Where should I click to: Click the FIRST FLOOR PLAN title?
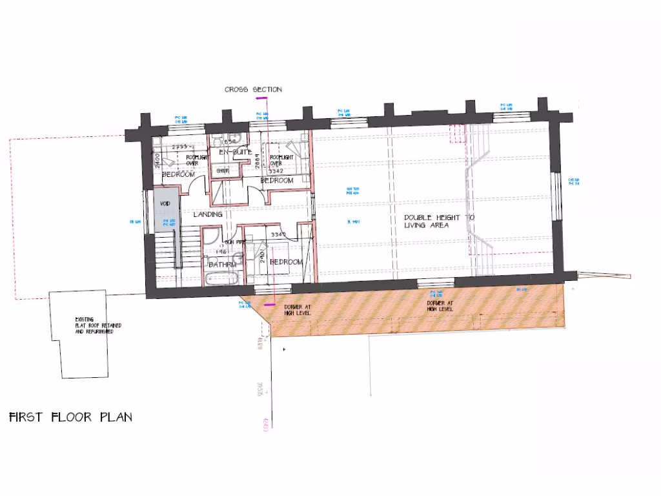click(x=70, y=417)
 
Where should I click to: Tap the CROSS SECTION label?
click(x=253, y=90)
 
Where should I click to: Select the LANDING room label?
click(x=208, y=214)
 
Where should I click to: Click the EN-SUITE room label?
click(x=231, y=152)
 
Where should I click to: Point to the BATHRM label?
click(x=221, y=264)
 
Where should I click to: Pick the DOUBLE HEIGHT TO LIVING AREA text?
click(x=439, y=222)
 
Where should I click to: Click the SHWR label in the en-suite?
click(x=223, y=171)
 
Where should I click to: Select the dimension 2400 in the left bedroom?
click(x=157, y=156)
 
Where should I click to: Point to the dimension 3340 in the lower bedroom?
click(x=279, y=234)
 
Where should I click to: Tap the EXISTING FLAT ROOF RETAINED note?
click(x=94, y=325)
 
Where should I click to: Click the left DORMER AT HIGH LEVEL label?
click(x=297, y=309)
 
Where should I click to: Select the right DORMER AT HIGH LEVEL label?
click(x=440, y=306)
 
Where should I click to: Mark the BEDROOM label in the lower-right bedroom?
click(x=286, y=262)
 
